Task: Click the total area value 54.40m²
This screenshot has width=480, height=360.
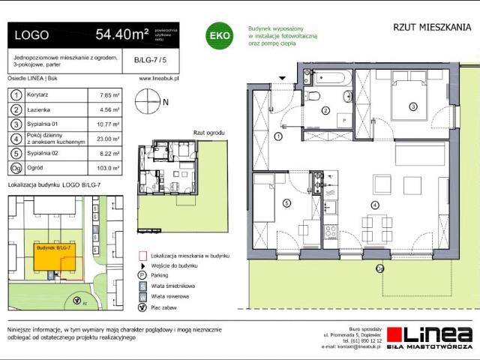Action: tap(121, 34)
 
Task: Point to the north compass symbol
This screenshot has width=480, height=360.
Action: tap(147, 100)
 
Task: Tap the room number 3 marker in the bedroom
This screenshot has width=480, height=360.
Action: tap(412, 107)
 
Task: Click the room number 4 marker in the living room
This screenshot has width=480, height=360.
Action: tap(375, 205)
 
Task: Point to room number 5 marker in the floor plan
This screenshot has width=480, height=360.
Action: tap(286, 202)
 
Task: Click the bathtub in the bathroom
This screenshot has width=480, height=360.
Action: tap(329, 77)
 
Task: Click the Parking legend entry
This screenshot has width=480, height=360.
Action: tap(160, 275)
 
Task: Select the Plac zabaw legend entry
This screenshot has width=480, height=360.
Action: tap(164, 307)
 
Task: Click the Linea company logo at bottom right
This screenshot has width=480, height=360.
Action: tap(439, 335)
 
